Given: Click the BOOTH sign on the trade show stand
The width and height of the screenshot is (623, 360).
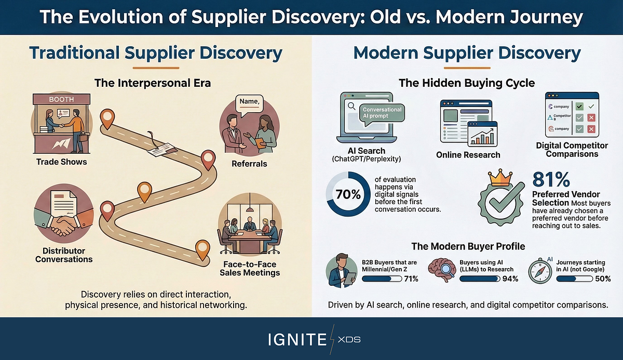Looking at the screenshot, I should (61, 99).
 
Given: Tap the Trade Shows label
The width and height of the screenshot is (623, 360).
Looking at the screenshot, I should (61, 162).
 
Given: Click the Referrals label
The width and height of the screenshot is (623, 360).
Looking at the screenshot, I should (249, 164).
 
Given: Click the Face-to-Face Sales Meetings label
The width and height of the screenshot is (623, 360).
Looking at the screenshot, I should (249, 268).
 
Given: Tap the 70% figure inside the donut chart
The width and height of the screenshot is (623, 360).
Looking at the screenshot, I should (348, 194).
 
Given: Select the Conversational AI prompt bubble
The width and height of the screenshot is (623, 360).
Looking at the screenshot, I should (382, 113).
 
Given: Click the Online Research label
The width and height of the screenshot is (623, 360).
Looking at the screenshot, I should (468, 154).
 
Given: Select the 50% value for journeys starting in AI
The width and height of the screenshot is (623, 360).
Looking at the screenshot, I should (602, 279).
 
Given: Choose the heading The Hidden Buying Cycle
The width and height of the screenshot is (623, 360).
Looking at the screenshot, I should (467, 83).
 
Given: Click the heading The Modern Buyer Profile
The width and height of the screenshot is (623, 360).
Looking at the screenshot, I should (467, 246).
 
